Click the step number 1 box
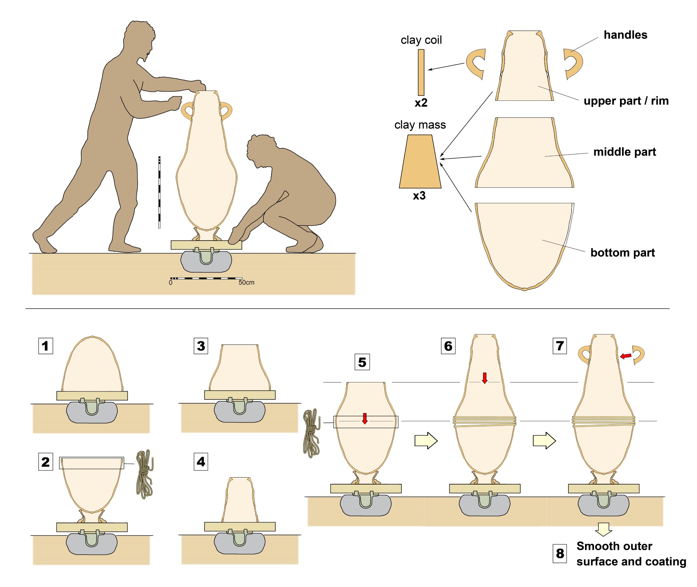coord(46,346)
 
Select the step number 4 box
coord(201,462)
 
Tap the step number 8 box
coord(560,553)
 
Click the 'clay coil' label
coord(421,40)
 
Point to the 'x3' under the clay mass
coord(419,196)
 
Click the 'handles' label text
coord(625,35)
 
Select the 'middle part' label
coord(625,152)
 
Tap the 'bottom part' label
coord(622,252)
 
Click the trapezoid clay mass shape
coord(420,162)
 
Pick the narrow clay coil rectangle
coord(421,72)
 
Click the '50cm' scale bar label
coord(246,282)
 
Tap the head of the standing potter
coord(139,38)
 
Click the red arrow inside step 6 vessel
coord(485,378)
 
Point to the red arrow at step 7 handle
coord(626,356)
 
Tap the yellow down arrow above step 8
coord(604,529)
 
